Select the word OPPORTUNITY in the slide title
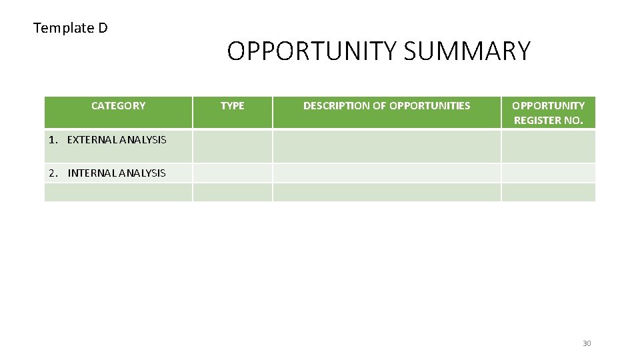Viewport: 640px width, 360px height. [x=312, y=51]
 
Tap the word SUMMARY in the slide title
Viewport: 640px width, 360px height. [x=467, y=51]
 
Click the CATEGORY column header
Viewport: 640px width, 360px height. [x=118, y=105]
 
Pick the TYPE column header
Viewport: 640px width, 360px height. [x=232, y=105]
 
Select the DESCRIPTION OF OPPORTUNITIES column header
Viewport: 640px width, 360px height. [x=387, y=105]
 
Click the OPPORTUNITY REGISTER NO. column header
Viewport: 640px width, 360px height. [x=548, y=113]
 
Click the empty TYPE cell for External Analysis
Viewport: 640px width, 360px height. [x=232, y=146]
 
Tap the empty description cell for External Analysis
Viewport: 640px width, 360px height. [x=387, y=146]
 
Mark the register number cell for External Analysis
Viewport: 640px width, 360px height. [x=548, y=146]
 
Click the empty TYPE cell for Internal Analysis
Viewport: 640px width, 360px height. [x=232, y=173]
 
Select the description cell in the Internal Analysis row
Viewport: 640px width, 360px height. [x=387, y=173]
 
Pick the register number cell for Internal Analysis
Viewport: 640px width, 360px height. [x=548, y=173]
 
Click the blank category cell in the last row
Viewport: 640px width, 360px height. [x=118, y=192]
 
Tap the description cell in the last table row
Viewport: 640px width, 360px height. [x=387, y=192]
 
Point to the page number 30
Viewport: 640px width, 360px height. [x=587, y=343]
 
